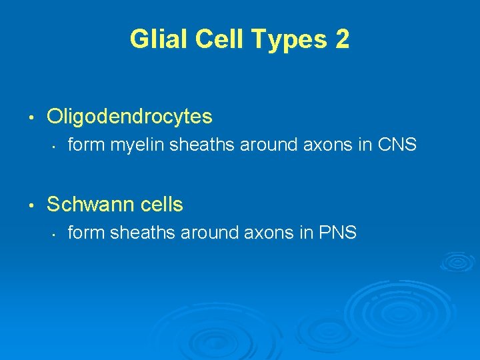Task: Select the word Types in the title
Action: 283,40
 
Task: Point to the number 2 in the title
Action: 341,40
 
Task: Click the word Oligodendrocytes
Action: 129,117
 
